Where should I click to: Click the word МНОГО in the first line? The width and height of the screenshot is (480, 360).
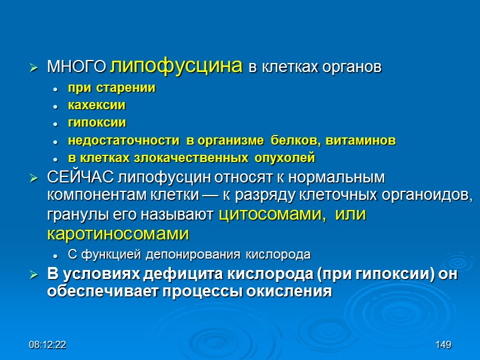point(77,67)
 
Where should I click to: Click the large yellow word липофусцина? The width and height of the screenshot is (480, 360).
point(177,65)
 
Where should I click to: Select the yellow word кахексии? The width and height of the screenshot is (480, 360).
point(96,105)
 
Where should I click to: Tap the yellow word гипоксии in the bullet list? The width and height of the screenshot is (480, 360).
point(97,123)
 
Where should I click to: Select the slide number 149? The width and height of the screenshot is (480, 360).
point(443,345)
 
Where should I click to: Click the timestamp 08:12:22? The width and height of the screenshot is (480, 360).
point(48,345)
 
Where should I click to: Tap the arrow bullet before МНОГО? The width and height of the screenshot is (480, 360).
point(34,68)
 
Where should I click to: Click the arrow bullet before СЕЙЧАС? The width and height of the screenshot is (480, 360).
point(34,178)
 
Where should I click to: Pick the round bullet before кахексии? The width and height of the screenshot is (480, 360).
point(55,106)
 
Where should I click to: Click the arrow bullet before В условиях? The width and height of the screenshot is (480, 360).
point(34,276)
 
